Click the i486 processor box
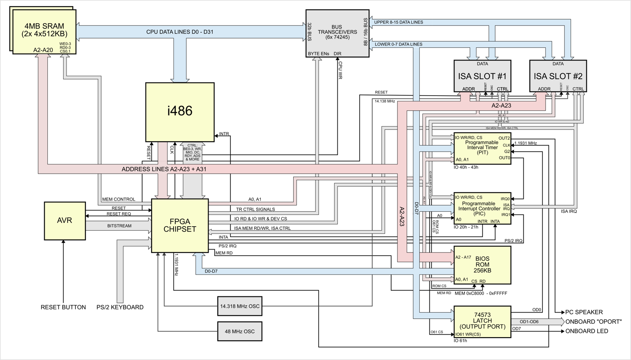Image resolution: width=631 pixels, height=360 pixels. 180,112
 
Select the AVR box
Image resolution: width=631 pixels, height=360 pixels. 65,221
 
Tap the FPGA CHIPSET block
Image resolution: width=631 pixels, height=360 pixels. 180,225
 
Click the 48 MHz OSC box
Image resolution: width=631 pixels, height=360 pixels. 240,331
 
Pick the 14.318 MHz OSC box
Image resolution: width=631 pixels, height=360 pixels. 240,306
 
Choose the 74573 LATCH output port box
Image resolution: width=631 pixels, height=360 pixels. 482,321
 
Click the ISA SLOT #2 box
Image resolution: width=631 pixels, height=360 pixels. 558,76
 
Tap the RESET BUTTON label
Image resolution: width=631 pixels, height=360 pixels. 63,307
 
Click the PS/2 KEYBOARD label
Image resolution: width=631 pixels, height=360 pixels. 120,307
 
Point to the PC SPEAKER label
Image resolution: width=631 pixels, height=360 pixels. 584,312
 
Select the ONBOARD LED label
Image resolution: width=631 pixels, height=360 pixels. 587,331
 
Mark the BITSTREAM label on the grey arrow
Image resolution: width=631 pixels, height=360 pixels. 119,226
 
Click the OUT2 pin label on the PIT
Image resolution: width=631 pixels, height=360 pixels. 504,138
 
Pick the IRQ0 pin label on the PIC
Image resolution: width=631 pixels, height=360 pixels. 505,199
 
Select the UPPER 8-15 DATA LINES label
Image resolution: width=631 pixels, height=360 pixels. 399,22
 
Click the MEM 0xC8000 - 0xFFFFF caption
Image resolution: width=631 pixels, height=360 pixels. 481,293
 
